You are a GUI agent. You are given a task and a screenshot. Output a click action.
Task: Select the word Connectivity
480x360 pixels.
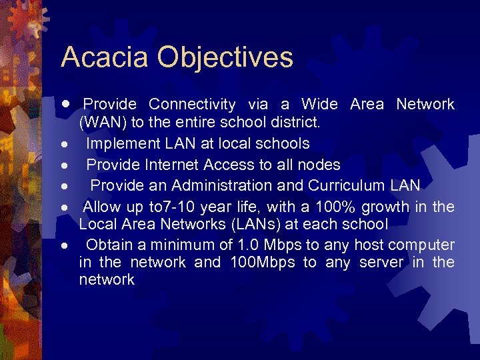point(192,105)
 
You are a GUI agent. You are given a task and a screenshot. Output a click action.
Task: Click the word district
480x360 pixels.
point(297,123)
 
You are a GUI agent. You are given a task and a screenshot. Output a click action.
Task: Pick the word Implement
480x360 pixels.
point(121,143)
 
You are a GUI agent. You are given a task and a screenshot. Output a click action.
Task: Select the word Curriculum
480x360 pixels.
point(342,185)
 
